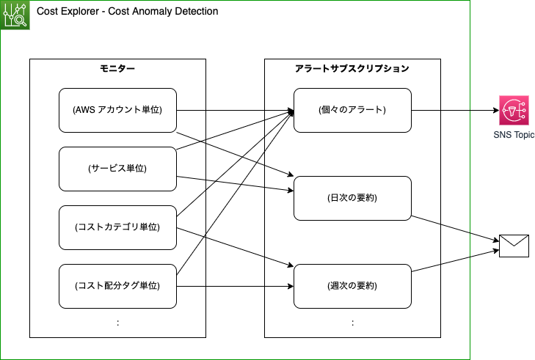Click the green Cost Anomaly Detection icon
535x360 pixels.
(x=15, y=15)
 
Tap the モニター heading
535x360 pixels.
(x=117, y=68)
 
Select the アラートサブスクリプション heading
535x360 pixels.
(x=352, y=68)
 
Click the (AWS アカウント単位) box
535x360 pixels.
(x=117, y=110)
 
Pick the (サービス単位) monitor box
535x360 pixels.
(x=117, y=169)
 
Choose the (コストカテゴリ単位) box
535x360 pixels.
(x=117, y=227)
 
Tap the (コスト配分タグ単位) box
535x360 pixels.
(x=117, y=286)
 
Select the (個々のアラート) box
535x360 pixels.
(x=352, y=110)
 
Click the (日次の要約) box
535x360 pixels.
(x=352, y=198)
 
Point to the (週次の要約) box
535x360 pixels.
(x=352, y=286)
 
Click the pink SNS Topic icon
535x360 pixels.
(x=514, y=110)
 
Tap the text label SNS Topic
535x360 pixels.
(x=514, y=136)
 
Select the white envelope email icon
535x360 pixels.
(x=514, y=246)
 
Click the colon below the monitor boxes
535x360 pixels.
(x=117, y=323)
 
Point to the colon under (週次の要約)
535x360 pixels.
(x=352, y=323)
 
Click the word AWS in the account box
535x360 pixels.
(x=84, y=110)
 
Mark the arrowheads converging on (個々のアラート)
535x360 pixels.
(x=290, y=112)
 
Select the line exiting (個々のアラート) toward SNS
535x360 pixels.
(x=426, y=110)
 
